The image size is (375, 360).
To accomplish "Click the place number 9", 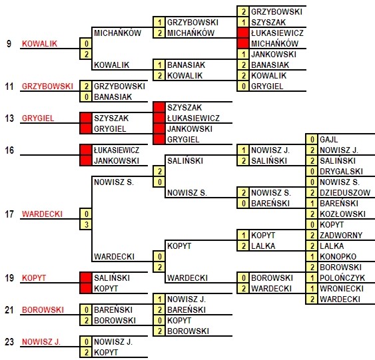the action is [9, 44].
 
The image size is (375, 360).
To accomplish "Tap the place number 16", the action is [9, 150].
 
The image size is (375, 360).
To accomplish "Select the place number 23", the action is [9, 342].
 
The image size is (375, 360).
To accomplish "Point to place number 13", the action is [9, 118].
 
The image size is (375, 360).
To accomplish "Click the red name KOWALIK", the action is [40, 44].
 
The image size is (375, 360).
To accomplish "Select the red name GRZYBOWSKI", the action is [47, 87].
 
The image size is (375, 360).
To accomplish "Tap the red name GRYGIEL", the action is [38, 118].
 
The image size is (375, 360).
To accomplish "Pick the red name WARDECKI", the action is [42, 214].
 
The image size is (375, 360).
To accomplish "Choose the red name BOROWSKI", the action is [43, 310].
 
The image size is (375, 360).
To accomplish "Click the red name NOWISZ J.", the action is [41, 342].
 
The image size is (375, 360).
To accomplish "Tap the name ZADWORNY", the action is [341, 236].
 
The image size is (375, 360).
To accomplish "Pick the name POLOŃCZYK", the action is [342, 278].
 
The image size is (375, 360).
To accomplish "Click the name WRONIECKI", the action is [342, 289].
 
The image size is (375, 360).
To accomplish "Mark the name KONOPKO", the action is [338, 257].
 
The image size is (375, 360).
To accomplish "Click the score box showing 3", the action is [86, 224].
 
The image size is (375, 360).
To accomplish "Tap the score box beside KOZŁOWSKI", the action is [312, 214].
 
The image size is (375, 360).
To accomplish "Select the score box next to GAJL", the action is [312, 140].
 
